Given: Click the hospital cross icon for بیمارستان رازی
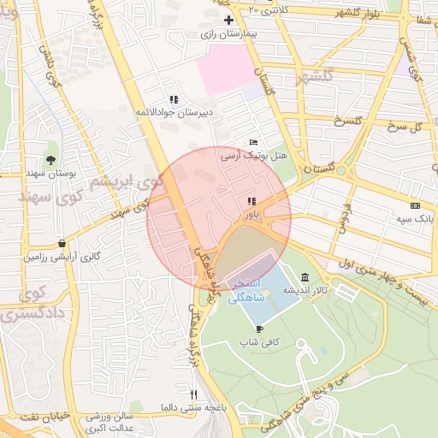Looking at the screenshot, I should [x=228, y=20].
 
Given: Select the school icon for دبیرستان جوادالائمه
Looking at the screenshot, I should [x=174, y=98].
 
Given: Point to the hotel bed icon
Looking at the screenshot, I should [x=252, y=141].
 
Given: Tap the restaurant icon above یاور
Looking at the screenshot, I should [x=252, y=201].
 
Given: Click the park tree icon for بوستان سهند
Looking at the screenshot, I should [x=52, y=159].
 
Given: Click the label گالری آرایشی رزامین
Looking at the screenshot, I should [x=61, y=257].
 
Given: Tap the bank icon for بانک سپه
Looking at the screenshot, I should [x=416, y=205].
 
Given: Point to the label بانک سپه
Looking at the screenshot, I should [x=417, y=219].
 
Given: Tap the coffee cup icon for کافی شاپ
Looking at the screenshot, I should [x=259, y=328].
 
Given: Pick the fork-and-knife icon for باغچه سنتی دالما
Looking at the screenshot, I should [x=194, y=394].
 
